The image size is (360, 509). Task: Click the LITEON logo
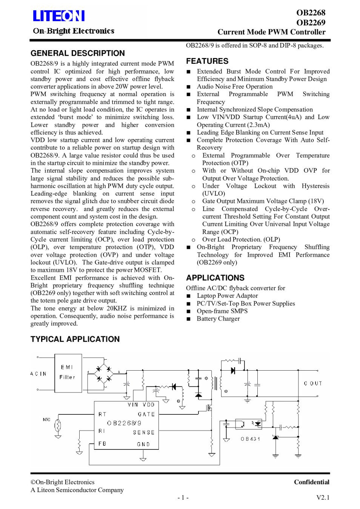[x=58, y=16]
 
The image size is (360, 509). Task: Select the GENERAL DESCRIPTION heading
[x=77, y=53]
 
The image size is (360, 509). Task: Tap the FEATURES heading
[x=207, y=61]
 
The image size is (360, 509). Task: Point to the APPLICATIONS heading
[x=215, y=278]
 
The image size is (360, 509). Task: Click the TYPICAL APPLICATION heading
[x=75, y=339]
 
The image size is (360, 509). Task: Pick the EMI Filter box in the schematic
[x=68, y=372]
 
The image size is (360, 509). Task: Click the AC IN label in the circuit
[x=38, y=374]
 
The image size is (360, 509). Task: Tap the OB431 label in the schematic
[x=250, y=439]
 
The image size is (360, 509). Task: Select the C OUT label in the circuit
[x=313, y=383]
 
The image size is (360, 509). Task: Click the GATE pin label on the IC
[x=146, y=414]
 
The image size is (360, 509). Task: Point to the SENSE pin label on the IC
[x=144, y=432]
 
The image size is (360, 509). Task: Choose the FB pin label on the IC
[x=102, y=444]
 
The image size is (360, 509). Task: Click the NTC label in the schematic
[x=46, y=420]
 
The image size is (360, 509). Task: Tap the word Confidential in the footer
[x=311, y=482]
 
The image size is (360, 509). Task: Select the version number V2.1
[x=323, y=498]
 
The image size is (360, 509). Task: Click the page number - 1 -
[x=183, y=498]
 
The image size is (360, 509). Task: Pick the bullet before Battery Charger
[x=189, y=319]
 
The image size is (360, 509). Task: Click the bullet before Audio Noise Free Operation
[x=189, y=87]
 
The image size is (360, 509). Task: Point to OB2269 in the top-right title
[x=311, y=22]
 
